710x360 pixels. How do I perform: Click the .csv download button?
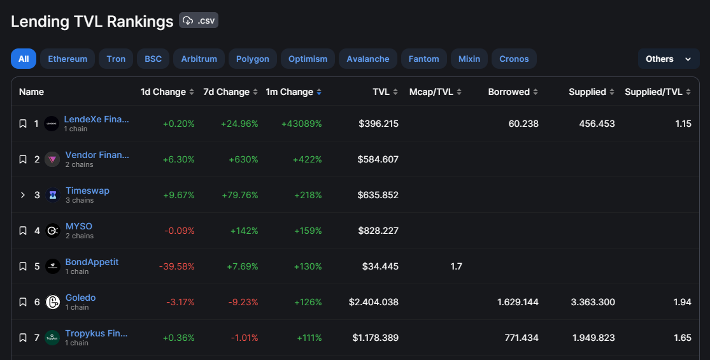click(198, 20)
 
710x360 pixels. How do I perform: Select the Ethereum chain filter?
click(67, 59)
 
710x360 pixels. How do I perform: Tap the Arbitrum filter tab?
click(199, 59)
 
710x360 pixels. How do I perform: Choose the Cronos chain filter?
click(514, 59)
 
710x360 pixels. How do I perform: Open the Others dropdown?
click(669, 59)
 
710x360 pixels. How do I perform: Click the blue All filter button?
click(24, 59)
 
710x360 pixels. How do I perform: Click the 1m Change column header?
click(294, 92)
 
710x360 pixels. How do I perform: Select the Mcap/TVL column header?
click(435, 92)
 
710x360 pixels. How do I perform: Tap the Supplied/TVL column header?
click(658, 92)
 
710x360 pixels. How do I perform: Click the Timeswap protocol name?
click(87, 191)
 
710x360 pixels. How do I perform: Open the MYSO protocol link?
click(79, 226)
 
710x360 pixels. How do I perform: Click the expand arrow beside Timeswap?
click(23, 195)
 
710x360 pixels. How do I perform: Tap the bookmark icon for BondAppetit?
click(23, 266)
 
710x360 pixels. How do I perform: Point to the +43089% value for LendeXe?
click(302, 124)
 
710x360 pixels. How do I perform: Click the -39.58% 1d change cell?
click(176, 266)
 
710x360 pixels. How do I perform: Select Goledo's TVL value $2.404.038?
click(374, 302)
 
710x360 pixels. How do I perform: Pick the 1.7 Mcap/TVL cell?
click(457, 266)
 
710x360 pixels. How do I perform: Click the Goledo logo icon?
click(52, 302)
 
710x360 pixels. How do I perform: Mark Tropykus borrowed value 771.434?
click(522, 338)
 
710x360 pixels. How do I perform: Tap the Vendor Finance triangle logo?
click(52, 159)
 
